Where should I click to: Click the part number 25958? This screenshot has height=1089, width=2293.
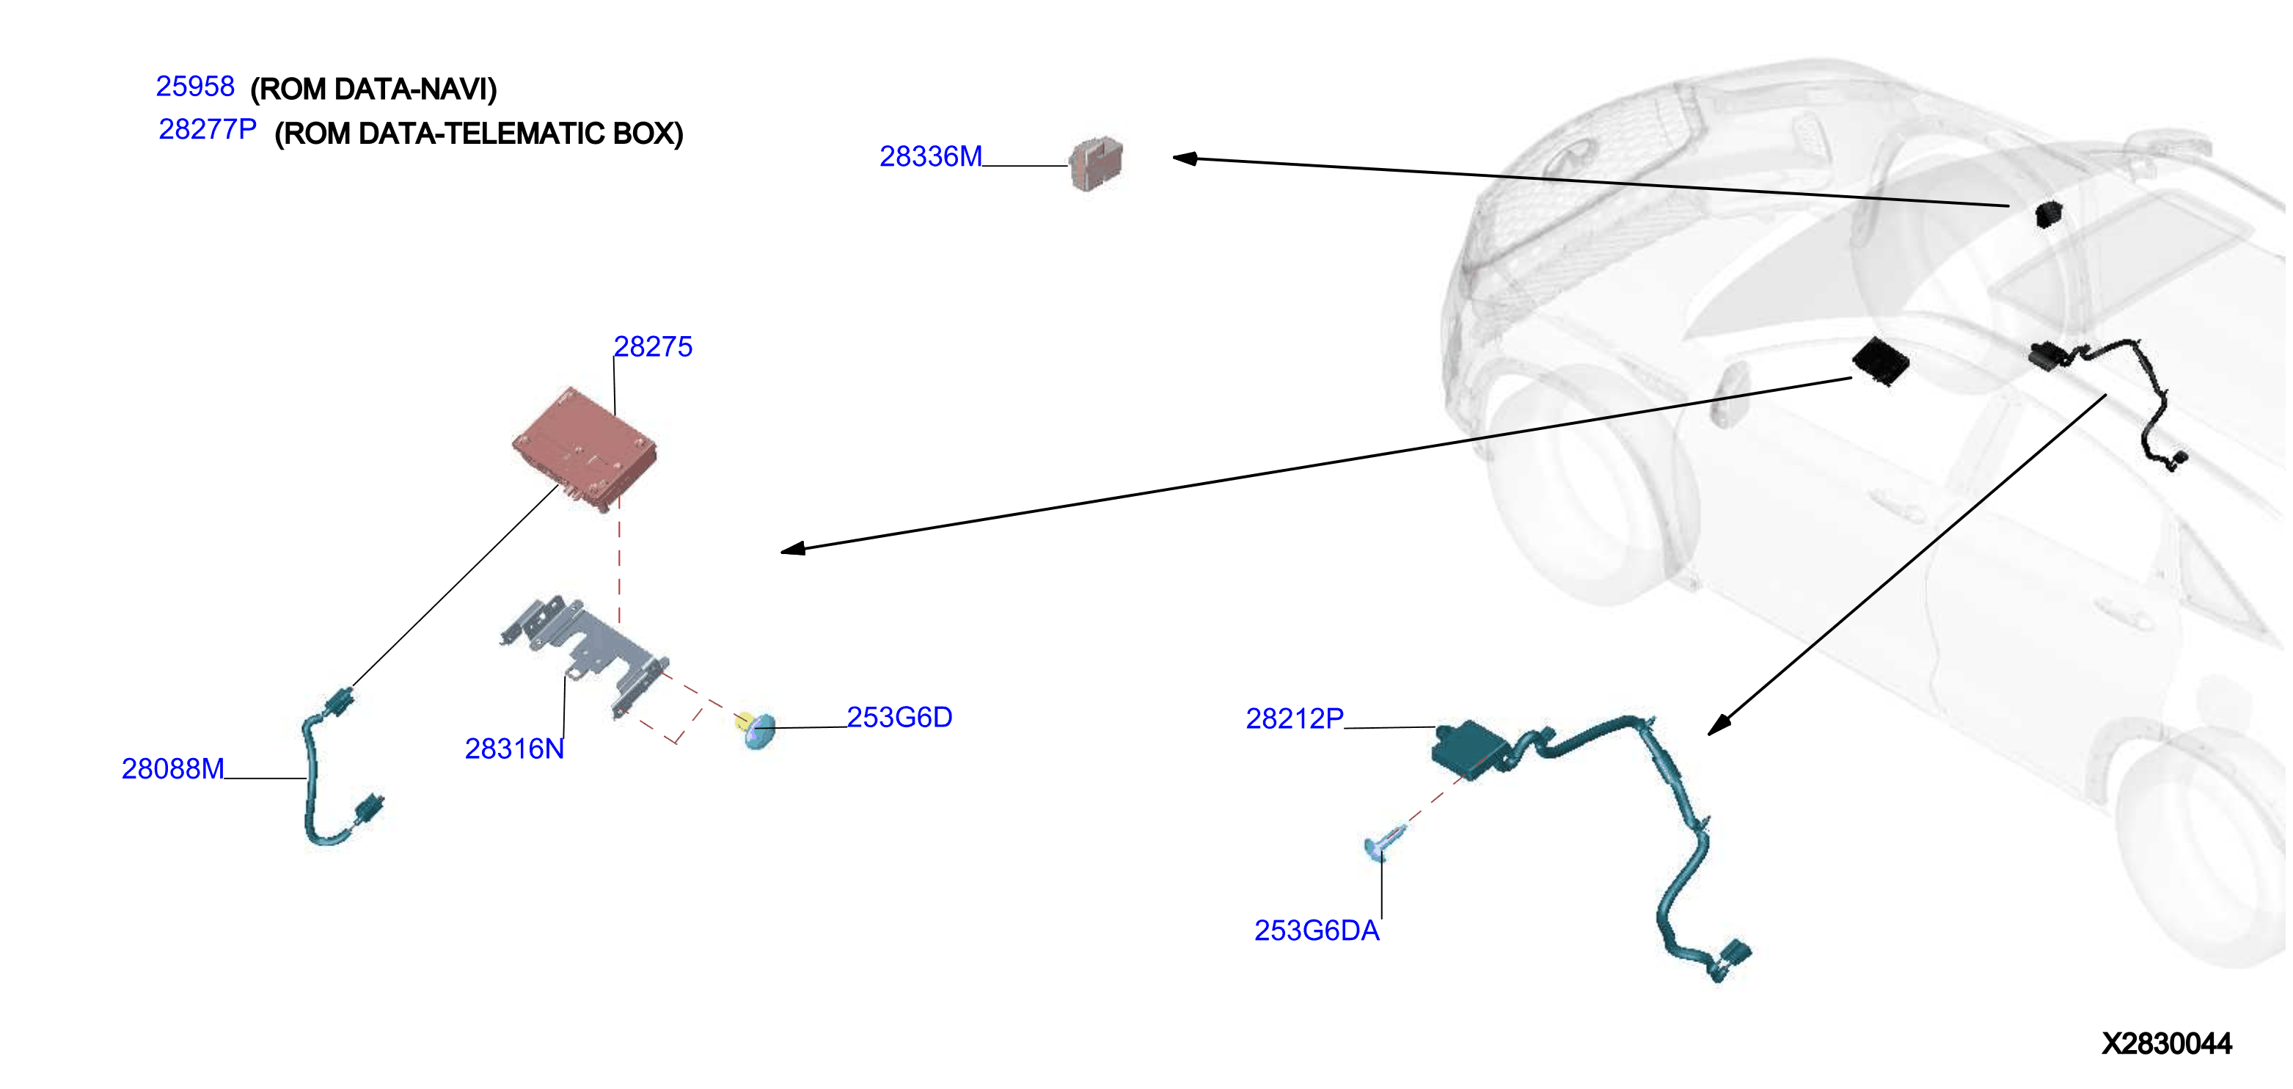[x=195, y=87]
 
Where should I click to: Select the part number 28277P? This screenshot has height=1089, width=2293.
[x=208, y=130]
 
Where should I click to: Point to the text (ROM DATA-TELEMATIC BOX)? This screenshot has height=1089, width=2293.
[x=479, y=134]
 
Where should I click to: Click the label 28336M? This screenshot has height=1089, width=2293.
[x=931, y=157]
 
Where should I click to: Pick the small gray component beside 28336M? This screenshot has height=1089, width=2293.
[x=1096, y=163]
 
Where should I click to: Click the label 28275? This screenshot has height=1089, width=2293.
[x=653, y=346]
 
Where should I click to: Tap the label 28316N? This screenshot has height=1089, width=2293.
[x=514, y=749]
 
